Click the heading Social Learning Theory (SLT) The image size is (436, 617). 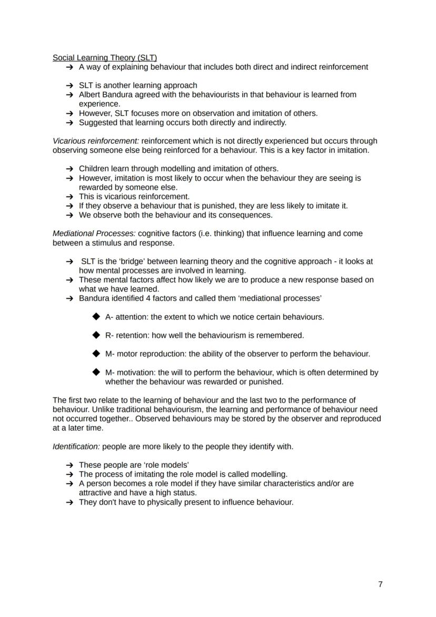pyautogui.click(x=105, y=57)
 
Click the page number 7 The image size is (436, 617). pyautogui.click(x=380, y=584)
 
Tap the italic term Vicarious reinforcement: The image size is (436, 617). pyautogui.click(x=96, y=141)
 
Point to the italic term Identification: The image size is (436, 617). pyautogui.click(x=76, y=447)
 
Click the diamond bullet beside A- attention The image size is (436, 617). pyautogui.click(x=95, y=317)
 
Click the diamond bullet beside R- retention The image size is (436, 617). pyautogui.click(x=95, y=335)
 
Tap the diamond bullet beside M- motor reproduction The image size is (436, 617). pyautogui.click(x=95, y=354)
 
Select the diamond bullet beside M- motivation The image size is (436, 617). pyautogui.click(x=95, y=372)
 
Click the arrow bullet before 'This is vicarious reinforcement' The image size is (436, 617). pyautogui.click(x=70, y=197)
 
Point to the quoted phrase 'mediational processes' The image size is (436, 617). pyautogui.click(x=281, y=298)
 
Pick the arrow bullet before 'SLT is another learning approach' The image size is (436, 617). pyautogui.click(x=70, y=85)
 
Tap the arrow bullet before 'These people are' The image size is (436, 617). pyautogui.click(x=70, y=465)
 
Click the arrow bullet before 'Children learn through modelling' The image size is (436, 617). pyautogui.click(x=70, y=169)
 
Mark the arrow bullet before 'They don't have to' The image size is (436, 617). pyautogui.click(x=70, y=502)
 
